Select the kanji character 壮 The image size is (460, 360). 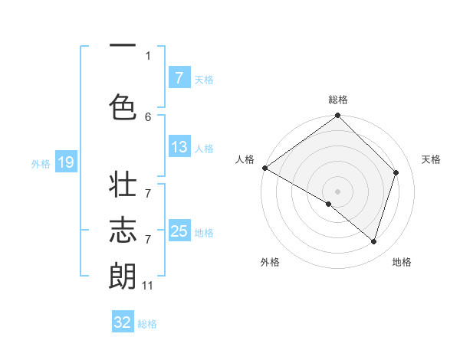point(123,187)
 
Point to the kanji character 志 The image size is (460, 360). point(123,231)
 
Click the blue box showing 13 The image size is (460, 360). point(179,148)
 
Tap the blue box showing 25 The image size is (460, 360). point(179,231)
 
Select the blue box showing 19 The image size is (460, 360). point(66,162)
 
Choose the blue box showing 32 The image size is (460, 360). point(123,322)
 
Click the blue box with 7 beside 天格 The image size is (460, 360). point(179,78)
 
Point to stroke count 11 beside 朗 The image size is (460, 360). point(148,286)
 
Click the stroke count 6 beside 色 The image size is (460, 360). point(148,116)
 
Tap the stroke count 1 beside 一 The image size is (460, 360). point(148,55)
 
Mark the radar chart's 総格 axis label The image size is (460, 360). point(338,100)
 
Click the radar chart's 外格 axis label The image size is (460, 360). point(270,262)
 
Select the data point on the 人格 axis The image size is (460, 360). point(264,168)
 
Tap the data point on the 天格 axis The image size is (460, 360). point(396,172)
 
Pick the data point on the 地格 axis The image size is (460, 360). point(373,241)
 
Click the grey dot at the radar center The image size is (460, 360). point(337,191)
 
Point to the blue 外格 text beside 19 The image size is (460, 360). point(41,163)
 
